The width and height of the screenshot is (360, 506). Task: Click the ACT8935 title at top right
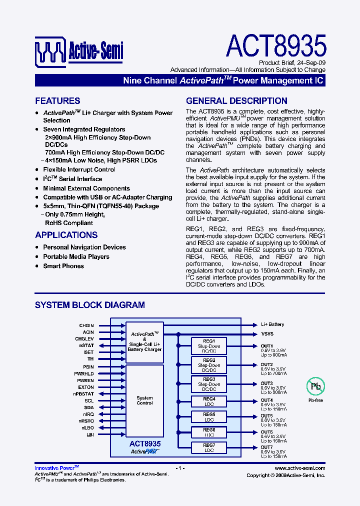coord(276,46)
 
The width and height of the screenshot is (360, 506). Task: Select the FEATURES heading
coord(57,100)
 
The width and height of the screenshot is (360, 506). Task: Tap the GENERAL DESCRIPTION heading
coord(236,100)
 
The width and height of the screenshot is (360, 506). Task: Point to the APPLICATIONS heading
coord(66,235)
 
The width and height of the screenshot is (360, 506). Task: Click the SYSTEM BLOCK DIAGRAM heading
coord(89,304)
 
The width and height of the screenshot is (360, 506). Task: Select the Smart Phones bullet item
coord(63,266)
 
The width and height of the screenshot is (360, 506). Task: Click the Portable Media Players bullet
coord(76,256)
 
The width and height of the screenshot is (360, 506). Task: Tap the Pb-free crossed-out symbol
coord(315,386)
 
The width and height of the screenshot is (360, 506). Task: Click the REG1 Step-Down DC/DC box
coord(209,346)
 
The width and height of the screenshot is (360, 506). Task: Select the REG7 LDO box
coord(209,447)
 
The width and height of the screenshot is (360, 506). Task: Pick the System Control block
coord(144,400)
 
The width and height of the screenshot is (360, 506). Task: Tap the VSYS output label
coord(267,333)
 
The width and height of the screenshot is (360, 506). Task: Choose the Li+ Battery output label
coord(272,324)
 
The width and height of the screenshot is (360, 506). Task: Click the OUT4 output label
coord(266,400)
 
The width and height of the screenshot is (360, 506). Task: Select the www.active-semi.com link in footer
coord(300,468)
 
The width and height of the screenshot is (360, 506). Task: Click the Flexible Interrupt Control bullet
coord(79,169)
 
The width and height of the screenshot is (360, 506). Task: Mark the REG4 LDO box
coord(209,401)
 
